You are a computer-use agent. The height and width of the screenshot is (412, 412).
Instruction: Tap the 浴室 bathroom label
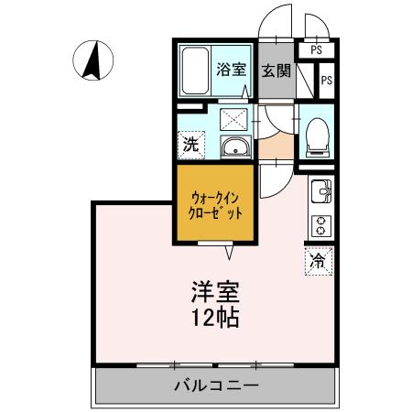230,70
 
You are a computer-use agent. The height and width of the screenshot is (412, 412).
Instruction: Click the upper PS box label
316,50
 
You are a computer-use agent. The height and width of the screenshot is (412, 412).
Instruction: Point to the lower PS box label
326,81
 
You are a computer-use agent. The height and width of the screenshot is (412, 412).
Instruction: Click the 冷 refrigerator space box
317,261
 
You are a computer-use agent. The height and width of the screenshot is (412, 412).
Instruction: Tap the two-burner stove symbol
321,224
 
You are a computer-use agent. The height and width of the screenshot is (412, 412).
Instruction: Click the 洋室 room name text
215,294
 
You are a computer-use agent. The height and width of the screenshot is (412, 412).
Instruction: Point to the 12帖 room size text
215,320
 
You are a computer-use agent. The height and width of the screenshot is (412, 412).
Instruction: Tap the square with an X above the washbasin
234,116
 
